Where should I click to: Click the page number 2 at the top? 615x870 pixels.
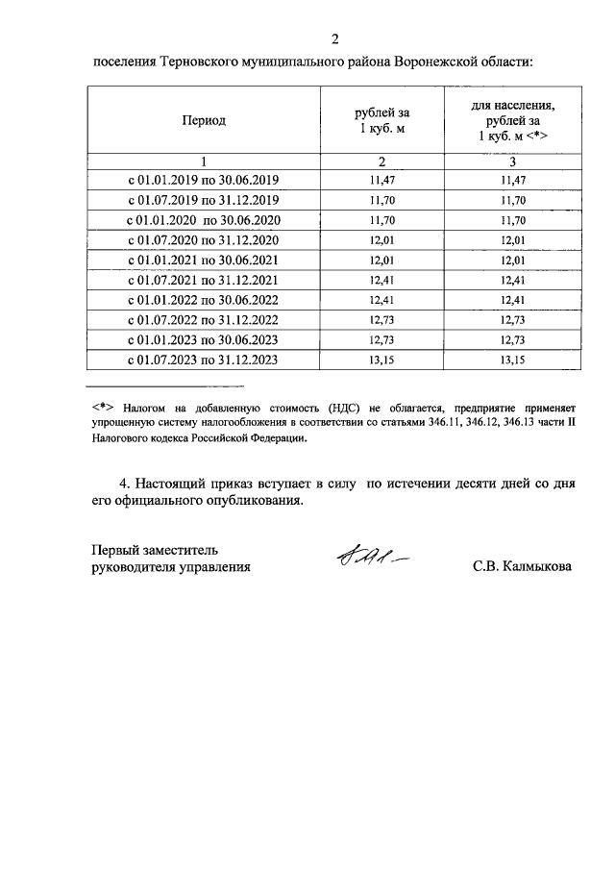pyautogui.click(x=335, y=39)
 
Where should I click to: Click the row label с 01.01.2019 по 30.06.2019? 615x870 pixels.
pyautogui.click(x=203, y=180)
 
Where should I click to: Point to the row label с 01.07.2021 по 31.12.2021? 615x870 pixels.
pyautogui.click(x=203, y=280)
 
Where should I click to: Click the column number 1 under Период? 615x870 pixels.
pyautogui.click(x=203, y=161)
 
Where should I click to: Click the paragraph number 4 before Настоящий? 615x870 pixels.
pyautogui.click(x=122, y=483)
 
